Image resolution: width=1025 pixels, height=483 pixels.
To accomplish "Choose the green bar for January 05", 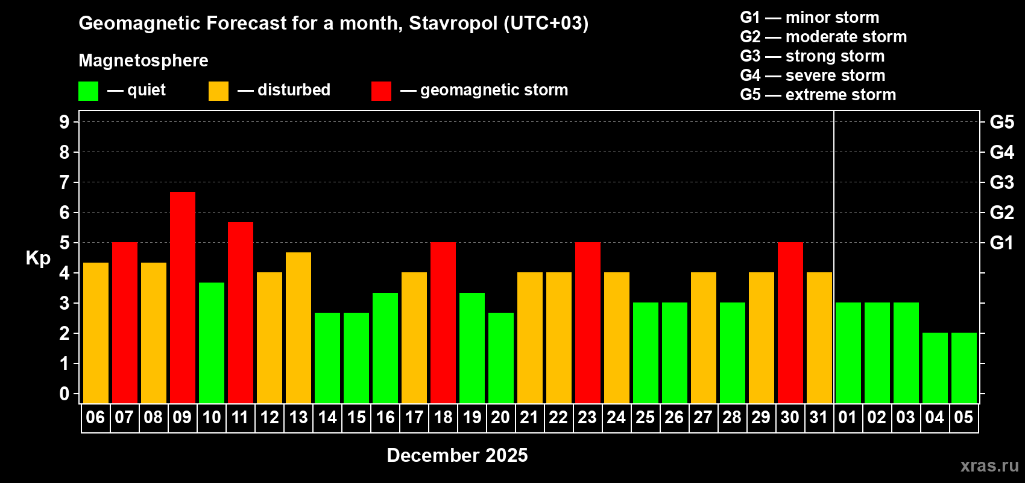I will tap(964, 368).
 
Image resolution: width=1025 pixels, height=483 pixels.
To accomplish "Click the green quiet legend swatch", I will tap(88, 91).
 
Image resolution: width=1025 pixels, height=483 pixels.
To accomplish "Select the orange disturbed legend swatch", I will tap(218, 91).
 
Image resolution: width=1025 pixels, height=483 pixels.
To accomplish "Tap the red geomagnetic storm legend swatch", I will tap(381, 91).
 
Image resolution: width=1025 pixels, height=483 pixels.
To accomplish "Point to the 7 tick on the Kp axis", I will tap(65, 182).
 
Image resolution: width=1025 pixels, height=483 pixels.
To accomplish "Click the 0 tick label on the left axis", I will tap(65, 394).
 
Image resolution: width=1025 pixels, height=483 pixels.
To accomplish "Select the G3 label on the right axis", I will tap(1001, 182).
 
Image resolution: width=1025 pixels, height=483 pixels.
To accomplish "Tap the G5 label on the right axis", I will tap(1001, 122).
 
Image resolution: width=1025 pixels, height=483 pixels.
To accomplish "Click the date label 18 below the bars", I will tap(443, 417).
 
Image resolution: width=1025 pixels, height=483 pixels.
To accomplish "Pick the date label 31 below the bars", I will tap(818, 417).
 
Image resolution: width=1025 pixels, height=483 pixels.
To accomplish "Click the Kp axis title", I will tap(38, 258).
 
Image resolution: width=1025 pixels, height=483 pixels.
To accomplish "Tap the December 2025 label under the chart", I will tap(457, 455).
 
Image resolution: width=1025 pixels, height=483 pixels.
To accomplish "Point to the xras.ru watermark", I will tap(989, 465).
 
